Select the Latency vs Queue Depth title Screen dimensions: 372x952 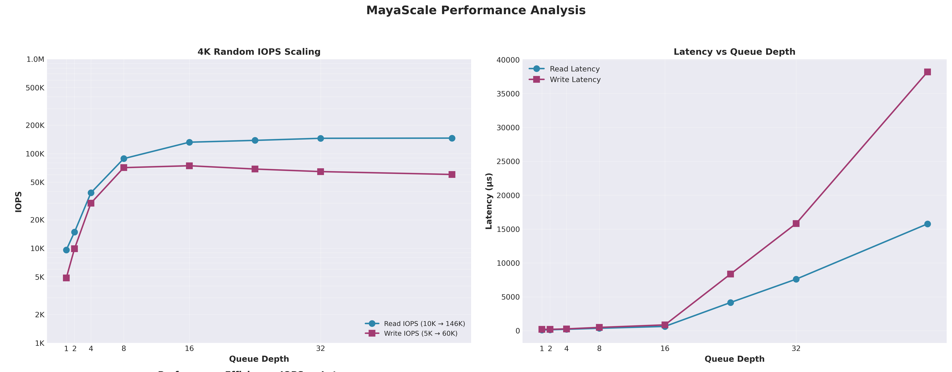point(734,52)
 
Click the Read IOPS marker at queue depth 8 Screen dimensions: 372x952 point(124,159)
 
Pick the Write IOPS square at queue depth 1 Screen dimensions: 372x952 point(66,278)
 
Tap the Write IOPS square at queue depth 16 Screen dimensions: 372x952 point(189,166)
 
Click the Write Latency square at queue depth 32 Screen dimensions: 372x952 point(796,224)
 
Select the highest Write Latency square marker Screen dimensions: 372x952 point(927,72)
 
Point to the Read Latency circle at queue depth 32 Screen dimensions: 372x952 point(796,279)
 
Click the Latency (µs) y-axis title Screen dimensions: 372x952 point(489,201)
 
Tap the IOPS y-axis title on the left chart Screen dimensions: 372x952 point(18,202)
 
